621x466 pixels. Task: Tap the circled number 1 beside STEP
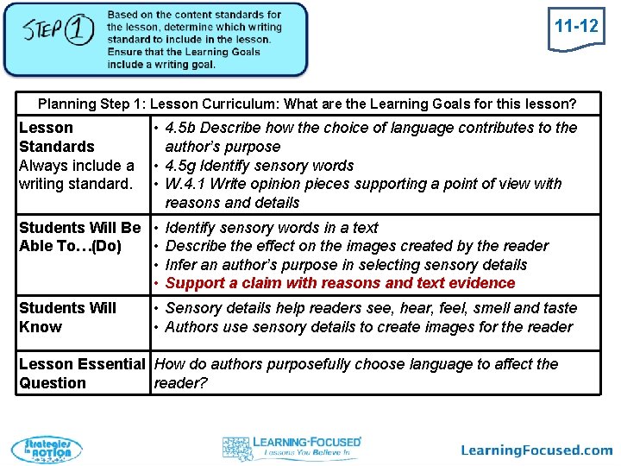point(78,32)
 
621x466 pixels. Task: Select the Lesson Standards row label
point(57,137)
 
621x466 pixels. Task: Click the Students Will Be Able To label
point(79,237)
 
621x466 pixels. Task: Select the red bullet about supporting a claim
point(340,283)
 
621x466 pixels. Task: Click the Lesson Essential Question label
point(81,373)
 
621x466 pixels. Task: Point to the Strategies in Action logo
point(47,450)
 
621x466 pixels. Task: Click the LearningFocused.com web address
point(536,450)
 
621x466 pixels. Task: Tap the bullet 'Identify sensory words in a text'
point(271,228)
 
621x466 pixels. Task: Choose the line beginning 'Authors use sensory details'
point(368,326)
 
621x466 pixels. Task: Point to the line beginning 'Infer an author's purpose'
point(345,265)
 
